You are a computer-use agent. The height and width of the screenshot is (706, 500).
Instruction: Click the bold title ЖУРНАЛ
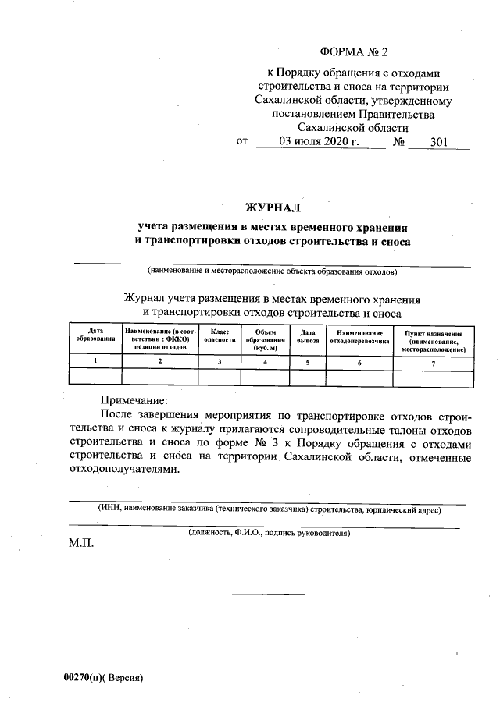[x=273, y=208]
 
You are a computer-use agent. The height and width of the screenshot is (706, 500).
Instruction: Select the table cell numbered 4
[x=266, y=362]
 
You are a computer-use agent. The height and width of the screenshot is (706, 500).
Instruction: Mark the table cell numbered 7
[x=434, y=363]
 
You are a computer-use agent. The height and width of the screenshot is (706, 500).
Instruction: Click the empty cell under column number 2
[x=159, y=378]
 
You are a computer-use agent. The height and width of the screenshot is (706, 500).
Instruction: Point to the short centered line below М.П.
[x=268, y=595]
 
